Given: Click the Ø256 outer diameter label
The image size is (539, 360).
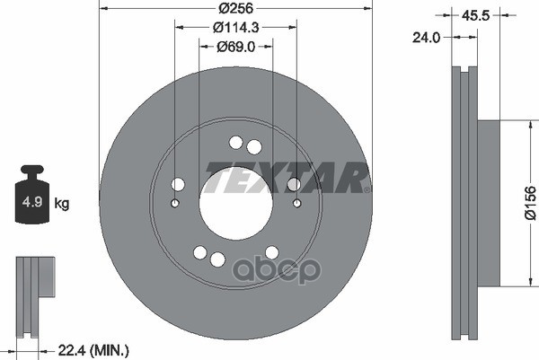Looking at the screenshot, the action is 235,8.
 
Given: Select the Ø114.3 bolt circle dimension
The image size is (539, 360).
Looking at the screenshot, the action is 235,28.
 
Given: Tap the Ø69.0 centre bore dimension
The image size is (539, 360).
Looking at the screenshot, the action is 235,47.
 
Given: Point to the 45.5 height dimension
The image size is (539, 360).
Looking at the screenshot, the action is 475,15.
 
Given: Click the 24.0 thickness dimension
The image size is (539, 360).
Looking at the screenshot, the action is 426,38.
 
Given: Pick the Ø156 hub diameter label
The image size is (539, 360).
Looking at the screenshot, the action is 530,203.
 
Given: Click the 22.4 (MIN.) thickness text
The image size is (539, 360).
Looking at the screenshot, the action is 93,350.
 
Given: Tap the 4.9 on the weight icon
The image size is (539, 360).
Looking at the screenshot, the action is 32,202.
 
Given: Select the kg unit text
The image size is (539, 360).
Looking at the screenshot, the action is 61,204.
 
